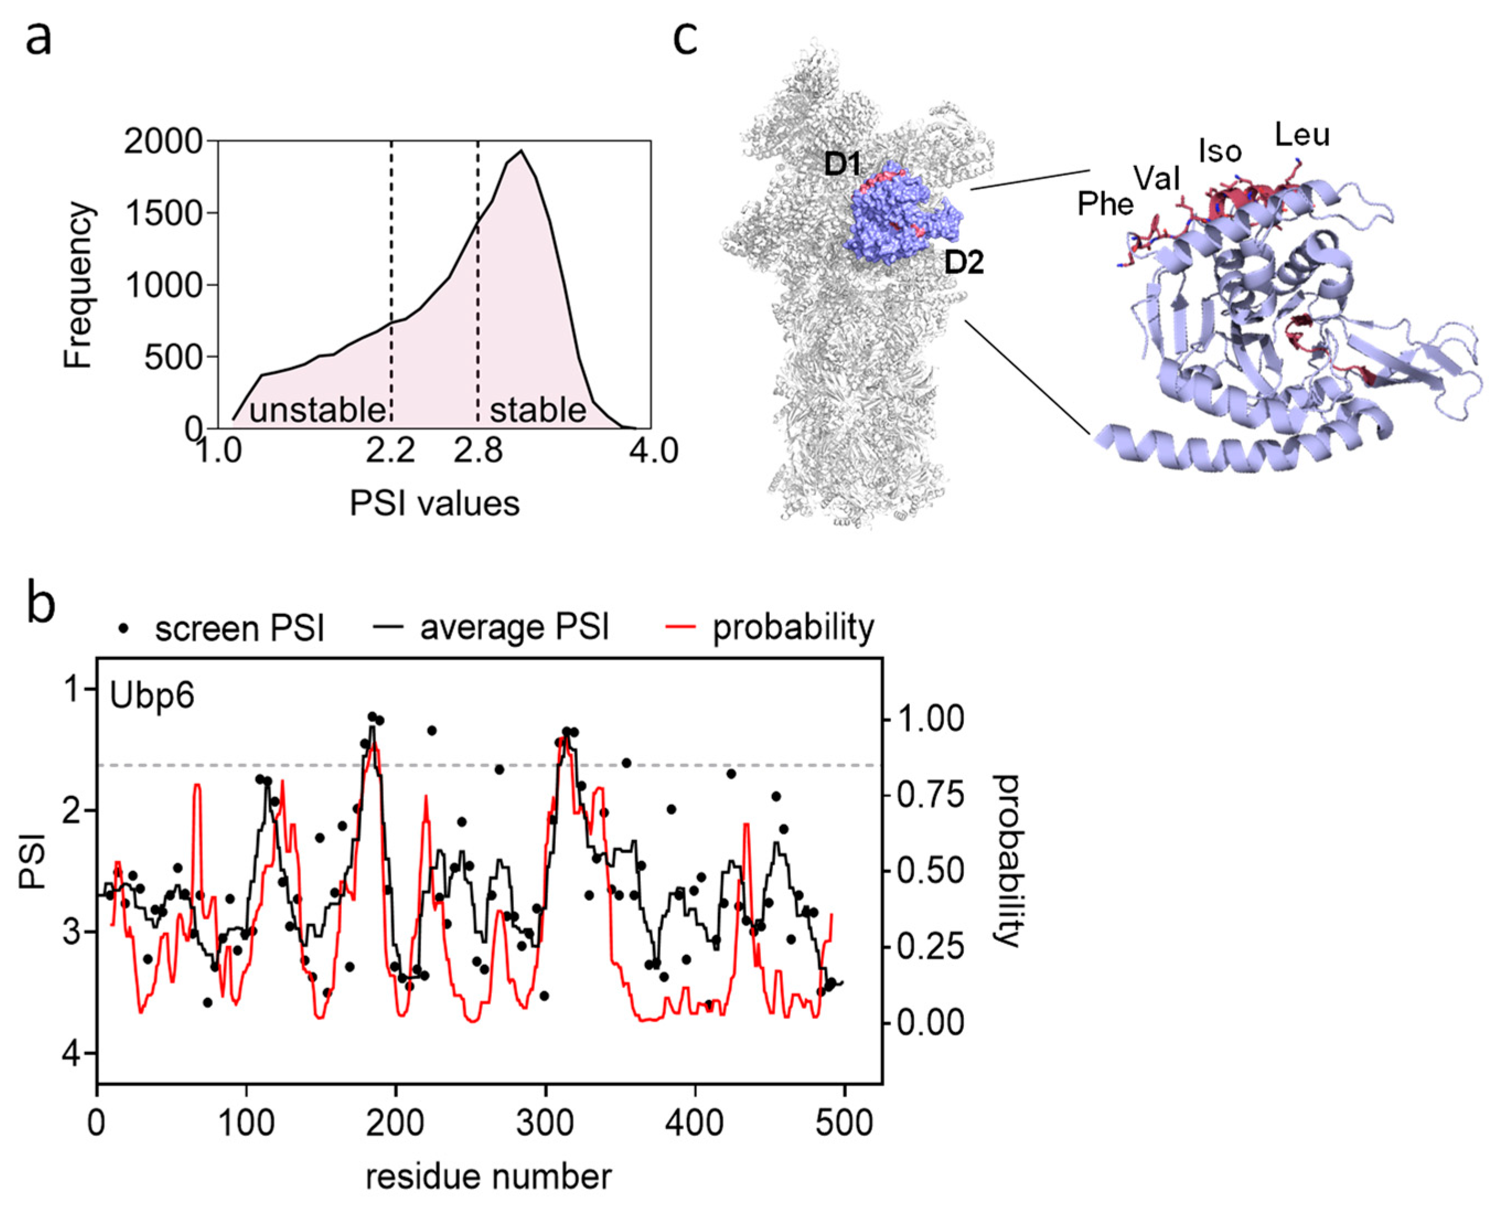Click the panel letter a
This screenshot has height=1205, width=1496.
pos(39,38)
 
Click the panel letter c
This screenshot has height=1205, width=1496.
pos(685,38)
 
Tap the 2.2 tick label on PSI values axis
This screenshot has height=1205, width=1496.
pos(390,451)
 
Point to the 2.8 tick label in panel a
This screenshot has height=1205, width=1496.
pos(478,451)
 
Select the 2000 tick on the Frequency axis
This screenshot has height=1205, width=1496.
pos(164,142)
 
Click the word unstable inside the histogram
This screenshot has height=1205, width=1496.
pos(317,411)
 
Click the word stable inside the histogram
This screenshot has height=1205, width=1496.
pos(538,410)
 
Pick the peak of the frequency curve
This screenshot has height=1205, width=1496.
pos(521,151)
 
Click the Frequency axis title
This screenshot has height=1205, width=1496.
pos(78,285)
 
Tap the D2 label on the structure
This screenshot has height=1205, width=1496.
pos(964,263)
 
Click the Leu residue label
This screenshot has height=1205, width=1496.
pos(1302,135)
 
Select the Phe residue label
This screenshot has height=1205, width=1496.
pos(1106,204)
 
